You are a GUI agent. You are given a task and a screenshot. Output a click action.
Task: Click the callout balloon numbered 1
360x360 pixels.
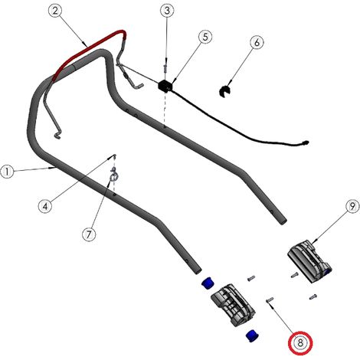click(x=7, y=172)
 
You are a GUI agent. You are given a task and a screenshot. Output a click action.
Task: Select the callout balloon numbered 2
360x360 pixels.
click(x=55, y=11)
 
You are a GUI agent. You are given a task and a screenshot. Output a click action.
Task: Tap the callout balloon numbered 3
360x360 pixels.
click(x=167, y=11)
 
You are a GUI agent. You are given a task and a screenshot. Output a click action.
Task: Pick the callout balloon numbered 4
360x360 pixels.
click(x=45, y=206)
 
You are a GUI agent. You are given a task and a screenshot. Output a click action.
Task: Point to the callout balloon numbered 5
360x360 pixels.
click(x=205, y=37)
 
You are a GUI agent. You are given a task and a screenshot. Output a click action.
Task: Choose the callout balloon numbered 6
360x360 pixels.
click(x=257, y=42)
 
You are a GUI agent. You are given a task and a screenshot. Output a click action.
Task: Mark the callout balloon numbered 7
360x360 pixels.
click(x=89, y=234)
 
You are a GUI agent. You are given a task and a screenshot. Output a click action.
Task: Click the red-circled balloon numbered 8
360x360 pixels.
click(x=300, y=342)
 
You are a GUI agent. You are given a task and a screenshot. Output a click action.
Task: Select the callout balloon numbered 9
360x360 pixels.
click(x=352, y=206)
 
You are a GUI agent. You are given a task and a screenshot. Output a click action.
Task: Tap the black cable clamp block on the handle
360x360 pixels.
click(x=165, y=86)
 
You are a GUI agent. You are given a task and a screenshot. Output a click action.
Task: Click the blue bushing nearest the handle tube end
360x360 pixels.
click(x=208, y=283)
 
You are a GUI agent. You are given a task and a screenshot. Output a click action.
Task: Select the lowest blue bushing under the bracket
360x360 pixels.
click(x=252, y=335)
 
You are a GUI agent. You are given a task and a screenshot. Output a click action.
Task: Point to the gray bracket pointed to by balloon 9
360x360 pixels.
click(x=309, y=261)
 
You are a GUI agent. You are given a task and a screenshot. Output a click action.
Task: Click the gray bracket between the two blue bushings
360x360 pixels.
click(x=233, y=304)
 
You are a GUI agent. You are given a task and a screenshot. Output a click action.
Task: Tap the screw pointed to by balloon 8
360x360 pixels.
click(x=270, y=299)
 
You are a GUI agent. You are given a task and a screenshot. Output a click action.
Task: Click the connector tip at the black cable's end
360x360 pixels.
click(x=305, y=142)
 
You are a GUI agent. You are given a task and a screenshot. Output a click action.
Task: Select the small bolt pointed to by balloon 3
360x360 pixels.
click(x=165, y=68)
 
